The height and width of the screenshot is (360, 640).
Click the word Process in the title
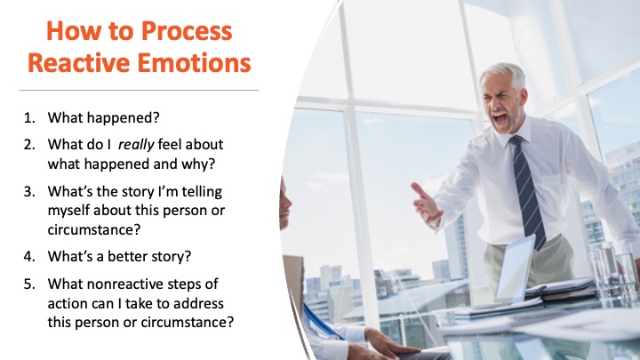coord(187,32)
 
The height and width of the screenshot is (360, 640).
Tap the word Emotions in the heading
coord(194,63)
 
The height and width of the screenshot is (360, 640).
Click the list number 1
coord(29,117)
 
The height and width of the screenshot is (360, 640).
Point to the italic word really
coord(136,145)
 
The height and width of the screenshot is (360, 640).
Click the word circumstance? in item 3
coord(94,229)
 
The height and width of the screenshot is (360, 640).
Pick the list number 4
coord(29,256)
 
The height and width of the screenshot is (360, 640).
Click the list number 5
coord(29,284)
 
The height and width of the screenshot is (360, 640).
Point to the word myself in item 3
coord(68,211)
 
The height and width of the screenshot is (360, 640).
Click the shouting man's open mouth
coord(500,119)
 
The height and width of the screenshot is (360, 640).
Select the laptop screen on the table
coord(515,268)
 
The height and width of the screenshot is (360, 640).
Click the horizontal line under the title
coord(139,90)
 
